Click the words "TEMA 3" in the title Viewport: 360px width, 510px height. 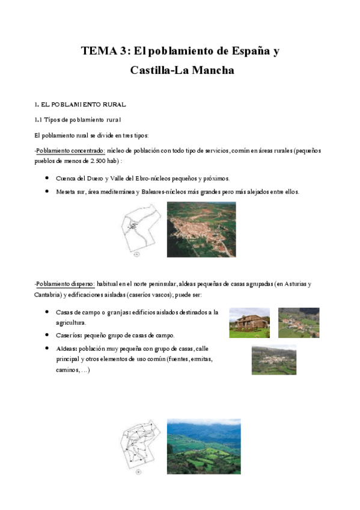[104, 51]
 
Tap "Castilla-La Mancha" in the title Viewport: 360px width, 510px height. [182, 70]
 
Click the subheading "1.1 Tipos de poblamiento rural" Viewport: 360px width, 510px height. [78, 120]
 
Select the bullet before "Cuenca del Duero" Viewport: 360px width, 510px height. [47, 179]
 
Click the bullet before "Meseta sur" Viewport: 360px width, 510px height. [47, 192]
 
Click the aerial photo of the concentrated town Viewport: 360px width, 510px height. [201, 229]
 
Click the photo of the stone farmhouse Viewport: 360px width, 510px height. [249, 323]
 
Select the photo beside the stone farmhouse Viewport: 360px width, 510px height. [299, 323]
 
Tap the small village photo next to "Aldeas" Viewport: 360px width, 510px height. [273, 360]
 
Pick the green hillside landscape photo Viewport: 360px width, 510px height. [203, 446]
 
